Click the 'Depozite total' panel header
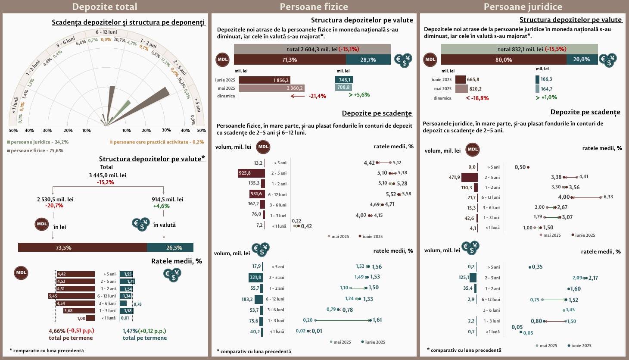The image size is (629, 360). [105, 7]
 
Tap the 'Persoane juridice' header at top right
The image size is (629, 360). [523, 7]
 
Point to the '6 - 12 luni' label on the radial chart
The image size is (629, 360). [106, 32]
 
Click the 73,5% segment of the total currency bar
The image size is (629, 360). [82, 247]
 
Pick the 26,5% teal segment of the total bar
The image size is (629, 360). [170, 247]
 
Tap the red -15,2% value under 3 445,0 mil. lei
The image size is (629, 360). [106, 182]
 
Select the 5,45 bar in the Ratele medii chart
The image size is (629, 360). [72, 296]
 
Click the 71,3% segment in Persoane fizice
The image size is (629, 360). [290, 60]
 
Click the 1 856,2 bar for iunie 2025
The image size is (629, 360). [265, 80]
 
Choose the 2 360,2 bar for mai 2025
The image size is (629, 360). [271, 88]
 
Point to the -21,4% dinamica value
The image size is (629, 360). [317, 96]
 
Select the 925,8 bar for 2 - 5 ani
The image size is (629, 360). [251, 173]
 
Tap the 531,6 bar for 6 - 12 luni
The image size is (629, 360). [257, 194]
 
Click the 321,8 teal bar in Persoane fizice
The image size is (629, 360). [255, 278]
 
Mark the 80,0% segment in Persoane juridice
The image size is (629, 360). [504, 60]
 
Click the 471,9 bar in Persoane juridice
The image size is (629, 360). [470, 177]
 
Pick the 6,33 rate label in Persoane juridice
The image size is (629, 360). [608, 197]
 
